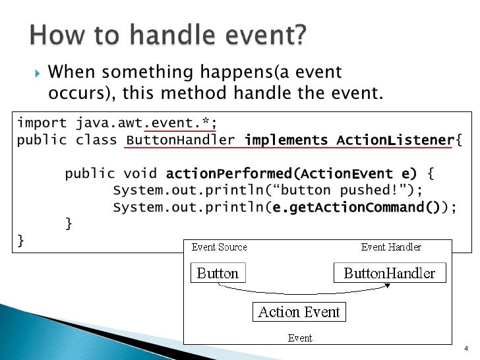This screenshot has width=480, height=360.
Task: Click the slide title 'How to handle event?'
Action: tap(168, 34)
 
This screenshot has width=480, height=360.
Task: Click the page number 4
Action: tap(465, 349)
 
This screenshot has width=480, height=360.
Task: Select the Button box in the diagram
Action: tap(218, 273)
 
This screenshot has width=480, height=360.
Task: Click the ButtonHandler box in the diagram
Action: tap(390, 273)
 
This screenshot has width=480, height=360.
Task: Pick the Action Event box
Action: tap(299, 312)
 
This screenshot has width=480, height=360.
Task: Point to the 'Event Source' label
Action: tap(220, 247)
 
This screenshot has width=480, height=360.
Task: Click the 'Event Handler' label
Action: tap(391, 247)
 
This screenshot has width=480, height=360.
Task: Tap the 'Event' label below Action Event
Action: tap(300, 338)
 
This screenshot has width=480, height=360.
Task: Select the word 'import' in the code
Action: tap(41, 123)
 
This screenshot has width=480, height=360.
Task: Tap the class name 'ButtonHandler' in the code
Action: tap(180, 140)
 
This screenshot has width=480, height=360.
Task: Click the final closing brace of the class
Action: tap(20, 241)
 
